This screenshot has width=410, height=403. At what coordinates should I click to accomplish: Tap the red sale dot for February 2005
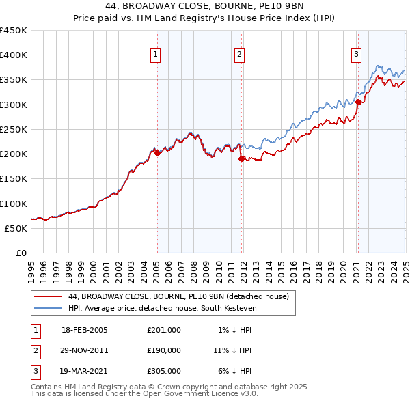point(157,153)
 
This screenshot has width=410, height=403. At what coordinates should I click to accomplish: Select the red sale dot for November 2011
point(241,158)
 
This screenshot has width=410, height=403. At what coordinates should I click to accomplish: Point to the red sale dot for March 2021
point(358,102)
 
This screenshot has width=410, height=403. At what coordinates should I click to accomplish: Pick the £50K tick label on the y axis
point(16,228)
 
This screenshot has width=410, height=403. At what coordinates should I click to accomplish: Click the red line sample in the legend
point(47,297)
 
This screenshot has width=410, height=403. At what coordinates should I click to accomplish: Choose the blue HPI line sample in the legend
point(47,308)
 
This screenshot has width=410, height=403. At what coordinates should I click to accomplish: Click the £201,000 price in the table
point(164,330)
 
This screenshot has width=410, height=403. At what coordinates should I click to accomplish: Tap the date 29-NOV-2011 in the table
point(85,350)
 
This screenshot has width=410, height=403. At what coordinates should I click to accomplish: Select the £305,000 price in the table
point(164,371)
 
